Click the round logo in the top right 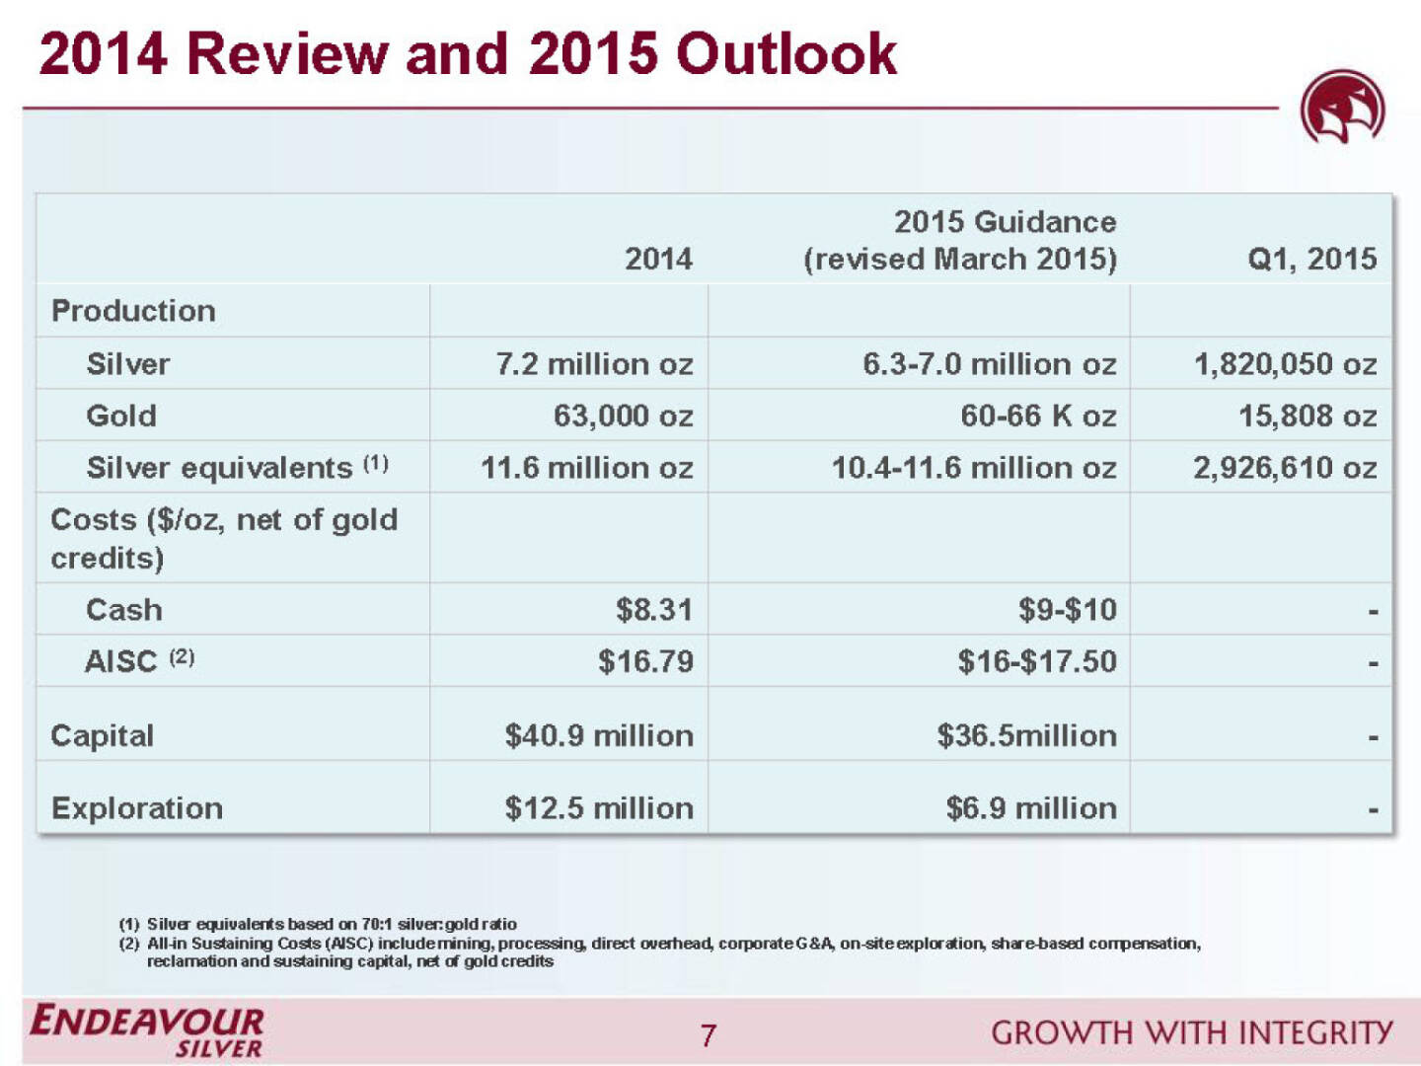point(1342,108)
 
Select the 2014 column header point(658,259)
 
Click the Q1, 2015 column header point(1311,259)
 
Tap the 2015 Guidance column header point(960,240)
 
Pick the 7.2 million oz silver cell point(594,364)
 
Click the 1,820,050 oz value point(1285,364)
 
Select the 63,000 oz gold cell point(623,416)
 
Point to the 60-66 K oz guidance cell point(1038,416)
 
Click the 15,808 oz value point(1308,416)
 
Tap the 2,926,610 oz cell point(1285,468)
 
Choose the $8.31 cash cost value point(653,610)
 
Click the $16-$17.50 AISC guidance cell point(1036,661)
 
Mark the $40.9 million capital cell point(599,735)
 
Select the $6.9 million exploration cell point(1031,808)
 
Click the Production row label point(133,311)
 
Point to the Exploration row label point(137,808)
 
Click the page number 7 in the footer point(708,1035)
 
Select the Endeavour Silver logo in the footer point(147,1031)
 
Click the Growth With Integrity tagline point(1191,1033)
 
